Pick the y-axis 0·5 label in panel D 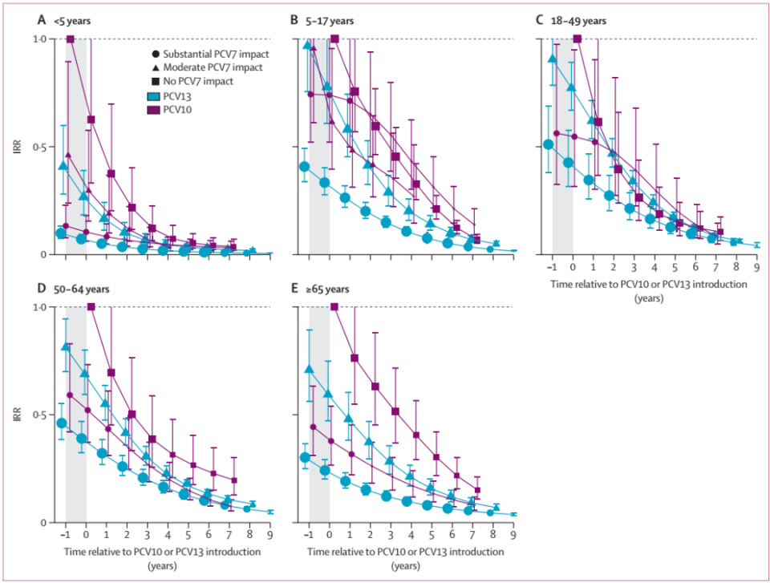50,415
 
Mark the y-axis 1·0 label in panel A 50,39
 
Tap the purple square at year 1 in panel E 355,358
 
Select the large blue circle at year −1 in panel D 62,423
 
